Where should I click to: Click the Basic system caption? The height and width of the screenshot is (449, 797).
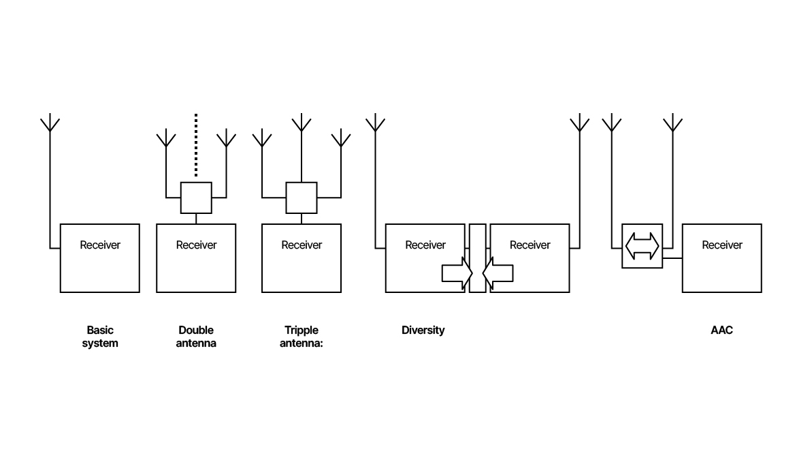click(x=100, y=337)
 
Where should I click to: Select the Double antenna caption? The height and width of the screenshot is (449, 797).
click(x=196, y=337)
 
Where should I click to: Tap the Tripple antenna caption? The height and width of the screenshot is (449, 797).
click(x=302, y=337)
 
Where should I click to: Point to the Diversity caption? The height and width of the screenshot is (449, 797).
click(x=423, y=330)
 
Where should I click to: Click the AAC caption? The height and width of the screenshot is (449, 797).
click(x=721, y=330)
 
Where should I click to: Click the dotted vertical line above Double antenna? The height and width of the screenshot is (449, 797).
click(x=196, y=145)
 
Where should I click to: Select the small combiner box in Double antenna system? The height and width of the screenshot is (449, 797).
click(x=196, y=198)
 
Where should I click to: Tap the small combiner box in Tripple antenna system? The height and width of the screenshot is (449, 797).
click(x=302, y=198)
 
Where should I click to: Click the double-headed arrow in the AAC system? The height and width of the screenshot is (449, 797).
click(x=642, y=246)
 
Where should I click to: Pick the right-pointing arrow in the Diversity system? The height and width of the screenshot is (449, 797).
click(x=457, y=273)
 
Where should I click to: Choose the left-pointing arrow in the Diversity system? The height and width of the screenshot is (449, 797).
click(x=498, y=273)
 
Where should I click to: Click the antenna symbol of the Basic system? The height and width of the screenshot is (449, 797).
click(x=50, y=125)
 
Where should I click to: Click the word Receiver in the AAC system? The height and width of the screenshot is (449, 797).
click(x=721, y=245)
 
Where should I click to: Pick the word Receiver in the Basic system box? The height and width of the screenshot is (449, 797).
click(x=100, y=245)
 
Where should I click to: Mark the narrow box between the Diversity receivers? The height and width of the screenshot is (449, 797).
click(x=477, y=258)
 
